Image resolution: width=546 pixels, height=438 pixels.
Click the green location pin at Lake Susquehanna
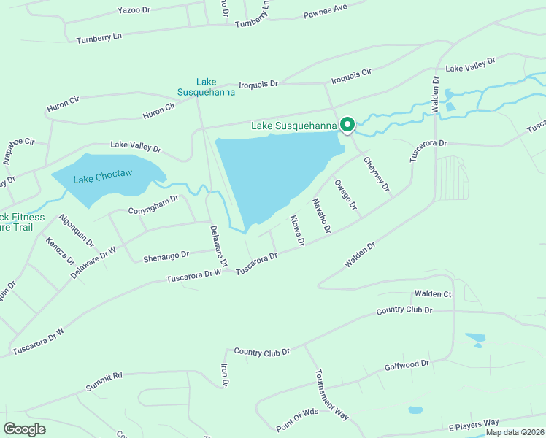coord(347,125)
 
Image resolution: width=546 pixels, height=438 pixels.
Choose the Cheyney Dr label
coord(377,175)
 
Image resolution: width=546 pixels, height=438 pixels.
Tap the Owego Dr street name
coord(345,195)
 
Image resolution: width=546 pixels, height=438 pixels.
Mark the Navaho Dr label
coord(322,215)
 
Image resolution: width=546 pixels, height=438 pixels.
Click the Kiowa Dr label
coord(296,230)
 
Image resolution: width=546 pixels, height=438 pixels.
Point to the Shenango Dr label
coord(166,255)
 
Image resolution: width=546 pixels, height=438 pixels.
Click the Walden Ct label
coord(433,293)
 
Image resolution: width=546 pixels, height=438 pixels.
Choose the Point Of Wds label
coord(297,419)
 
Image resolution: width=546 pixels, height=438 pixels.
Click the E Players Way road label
coord(473,423)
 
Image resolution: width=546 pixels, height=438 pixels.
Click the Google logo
coord(24,429)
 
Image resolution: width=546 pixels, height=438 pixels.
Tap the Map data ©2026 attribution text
coord(514,432)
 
